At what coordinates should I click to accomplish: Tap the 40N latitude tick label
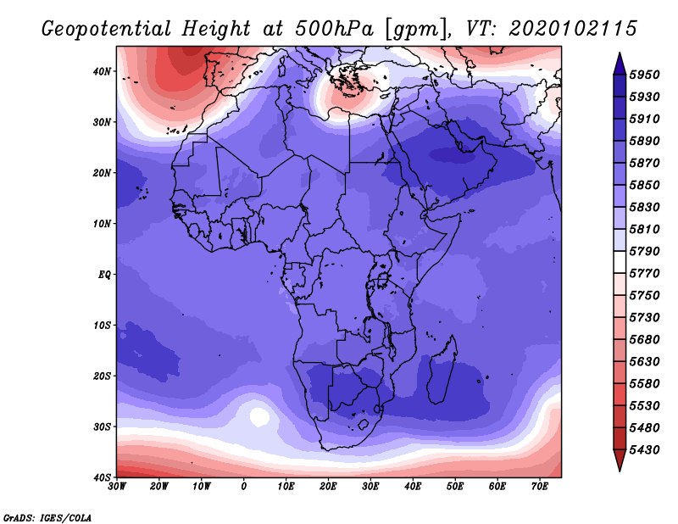[103, 71]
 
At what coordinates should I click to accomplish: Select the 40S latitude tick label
[103, 477]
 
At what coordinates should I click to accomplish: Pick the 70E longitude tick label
[540, 487]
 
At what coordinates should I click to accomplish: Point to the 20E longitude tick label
[328, 487]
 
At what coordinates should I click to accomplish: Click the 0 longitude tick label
[244, 487]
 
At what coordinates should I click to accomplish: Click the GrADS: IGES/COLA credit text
[47, 516]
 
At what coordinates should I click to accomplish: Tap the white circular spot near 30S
[258, 416]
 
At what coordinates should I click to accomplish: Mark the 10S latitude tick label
[103, 325]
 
